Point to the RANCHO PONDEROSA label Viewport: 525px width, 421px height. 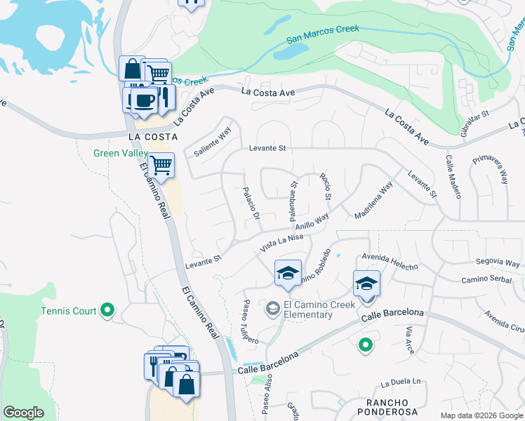382,408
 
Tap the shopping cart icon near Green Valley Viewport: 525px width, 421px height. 161,166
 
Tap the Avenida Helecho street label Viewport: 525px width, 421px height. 390,261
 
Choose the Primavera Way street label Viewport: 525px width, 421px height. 490,168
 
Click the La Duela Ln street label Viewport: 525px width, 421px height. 401,383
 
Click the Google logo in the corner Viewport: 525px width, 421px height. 23,413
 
